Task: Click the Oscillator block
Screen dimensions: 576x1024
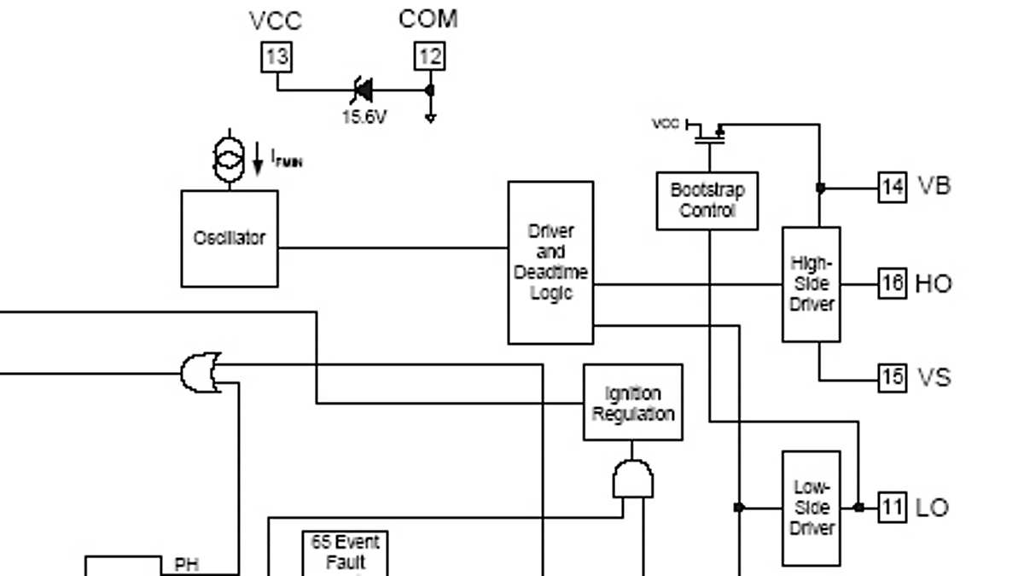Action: (x=230, y=238)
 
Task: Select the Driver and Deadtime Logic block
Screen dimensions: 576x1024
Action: (x=550, y=262)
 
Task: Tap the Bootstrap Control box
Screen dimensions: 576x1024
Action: (x=707, y=201)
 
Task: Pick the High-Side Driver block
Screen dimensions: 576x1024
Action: (x=811, y=283)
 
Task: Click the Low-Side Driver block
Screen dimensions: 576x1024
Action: (x=811, y=508)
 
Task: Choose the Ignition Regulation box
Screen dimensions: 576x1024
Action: (x=632, y=403)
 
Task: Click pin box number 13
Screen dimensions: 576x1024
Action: (x=276, y=57)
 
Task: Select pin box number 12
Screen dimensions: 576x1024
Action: (x=429, y=57)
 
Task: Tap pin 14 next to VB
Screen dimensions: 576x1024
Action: (x=892, y=187)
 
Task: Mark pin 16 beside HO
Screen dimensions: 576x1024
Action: (x=892, y=283)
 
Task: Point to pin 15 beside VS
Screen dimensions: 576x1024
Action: (x=892, y=377)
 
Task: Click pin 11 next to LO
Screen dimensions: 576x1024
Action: (x=892, y=508)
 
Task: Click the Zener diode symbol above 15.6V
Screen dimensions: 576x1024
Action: (x=363, y=89)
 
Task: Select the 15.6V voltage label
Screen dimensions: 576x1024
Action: (x=364, y=118)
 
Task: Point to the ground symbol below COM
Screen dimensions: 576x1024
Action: (x=430, y=116)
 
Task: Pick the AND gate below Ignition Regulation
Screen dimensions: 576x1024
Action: (x=632, y=480)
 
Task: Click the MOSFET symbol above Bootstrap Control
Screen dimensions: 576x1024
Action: (x=707, y=132)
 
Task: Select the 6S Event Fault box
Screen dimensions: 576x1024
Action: (x=345, y=553)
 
